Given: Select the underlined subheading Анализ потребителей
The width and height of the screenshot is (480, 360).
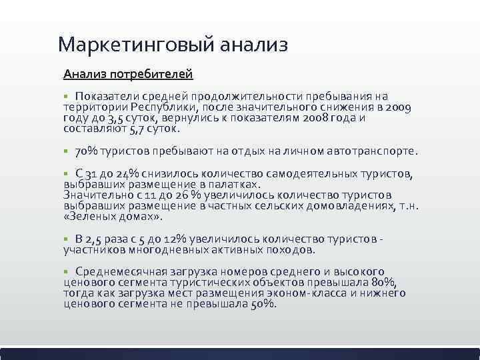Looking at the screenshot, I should click(127, 71).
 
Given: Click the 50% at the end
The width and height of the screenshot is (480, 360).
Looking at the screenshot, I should click(263, 303).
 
